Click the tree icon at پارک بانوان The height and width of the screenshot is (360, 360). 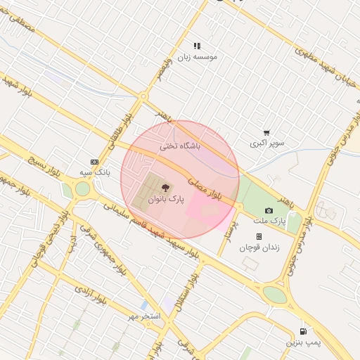(165, 188)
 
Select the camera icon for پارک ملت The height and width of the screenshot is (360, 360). (269, 210)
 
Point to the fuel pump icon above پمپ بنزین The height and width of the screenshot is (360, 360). (303, 331)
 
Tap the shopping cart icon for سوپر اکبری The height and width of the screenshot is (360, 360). (266, 132)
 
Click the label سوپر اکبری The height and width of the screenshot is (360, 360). (267, 143)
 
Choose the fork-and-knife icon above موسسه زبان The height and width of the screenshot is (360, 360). (197, 46)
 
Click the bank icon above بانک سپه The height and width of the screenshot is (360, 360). (95, 162)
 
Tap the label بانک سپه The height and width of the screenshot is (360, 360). (94, 172)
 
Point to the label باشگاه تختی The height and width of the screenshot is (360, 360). (181, 146)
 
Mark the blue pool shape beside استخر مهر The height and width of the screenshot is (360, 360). (145, 305)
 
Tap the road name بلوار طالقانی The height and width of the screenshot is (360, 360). (119, 133)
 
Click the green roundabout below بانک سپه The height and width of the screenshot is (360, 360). (82, 188)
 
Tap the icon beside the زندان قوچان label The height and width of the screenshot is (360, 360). (259, 237)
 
